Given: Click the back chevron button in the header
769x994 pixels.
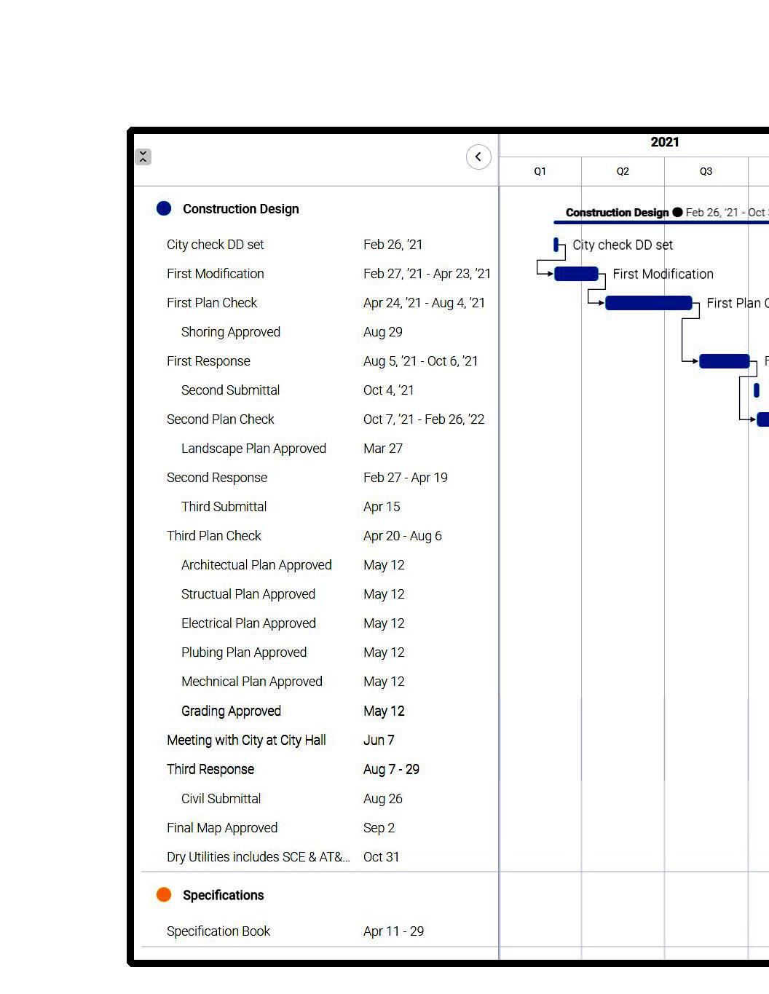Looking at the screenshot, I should [478, 157].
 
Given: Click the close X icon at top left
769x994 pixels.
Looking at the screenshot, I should [143, 157].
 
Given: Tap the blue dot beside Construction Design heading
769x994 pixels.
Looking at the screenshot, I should [164, 209].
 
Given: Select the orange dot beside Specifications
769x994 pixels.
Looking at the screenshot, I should [164, 895].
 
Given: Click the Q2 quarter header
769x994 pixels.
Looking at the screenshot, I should [623, 172].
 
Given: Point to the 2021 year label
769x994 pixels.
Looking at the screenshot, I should [664, 143].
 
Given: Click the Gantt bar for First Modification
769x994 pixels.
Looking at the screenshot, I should [576, 274].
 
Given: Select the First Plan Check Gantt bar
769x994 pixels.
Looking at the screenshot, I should [648, 303].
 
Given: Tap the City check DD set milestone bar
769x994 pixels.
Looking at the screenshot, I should [556, 245].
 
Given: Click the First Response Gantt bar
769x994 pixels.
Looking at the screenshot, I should [724, 361].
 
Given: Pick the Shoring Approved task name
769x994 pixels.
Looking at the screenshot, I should [230, 332].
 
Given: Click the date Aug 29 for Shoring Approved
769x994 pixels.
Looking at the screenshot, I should [382, 332].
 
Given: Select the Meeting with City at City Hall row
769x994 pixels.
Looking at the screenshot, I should [246, 741].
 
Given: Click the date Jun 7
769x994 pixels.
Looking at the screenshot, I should [379, 741].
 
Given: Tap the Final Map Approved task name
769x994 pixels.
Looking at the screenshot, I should [222, 828].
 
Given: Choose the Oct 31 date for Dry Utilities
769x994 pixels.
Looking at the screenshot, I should [381, 857].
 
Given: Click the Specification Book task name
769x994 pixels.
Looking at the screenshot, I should [218, 931].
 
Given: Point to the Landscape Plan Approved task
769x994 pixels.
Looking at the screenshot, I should [253, 449].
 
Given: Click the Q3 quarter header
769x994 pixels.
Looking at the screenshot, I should [706, 172].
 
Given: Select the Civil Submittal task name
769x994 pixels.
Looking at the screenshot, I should [221, 799].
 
